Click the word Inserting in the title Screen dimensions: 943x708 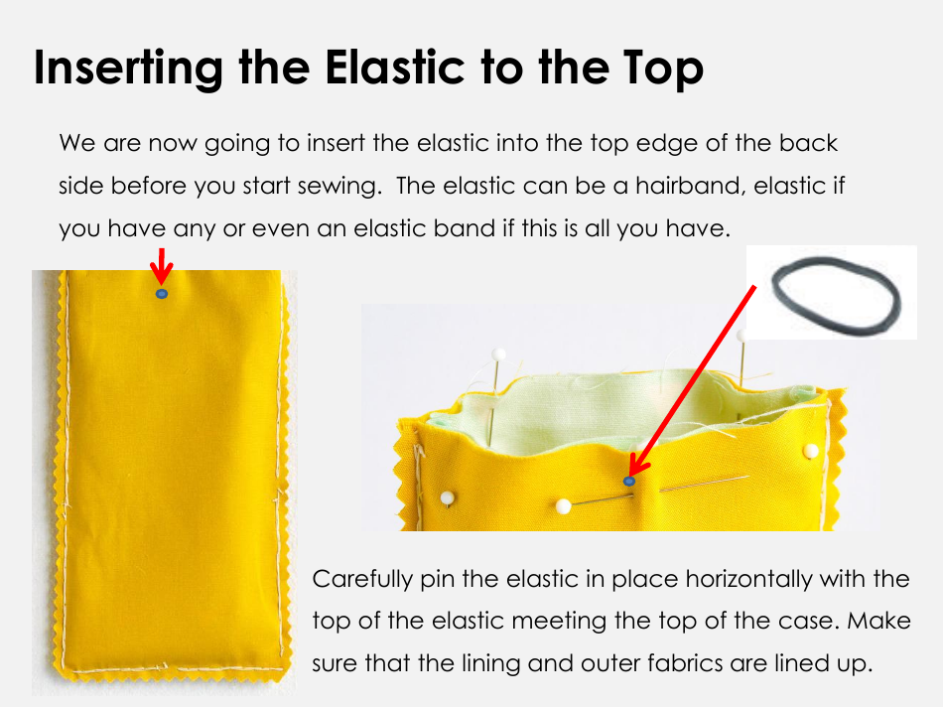coord(128,69)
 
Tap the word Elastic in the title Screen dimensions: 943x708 coord(395,67)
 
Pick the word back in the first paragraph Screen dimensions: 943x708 coord(808,143)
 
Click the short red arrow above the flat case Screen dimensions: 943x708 coord(161,265)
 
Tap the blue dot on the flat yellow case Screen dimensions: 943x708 coord(161,294)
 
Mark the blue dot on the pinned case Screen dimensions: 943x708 coord(629,482)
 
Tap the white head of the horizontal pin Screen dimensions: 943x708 coord(563,506)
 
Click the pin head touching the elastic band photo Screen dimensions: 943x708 coord(742,335)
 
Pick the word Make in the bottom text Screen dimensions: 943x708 coord(879,621)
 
